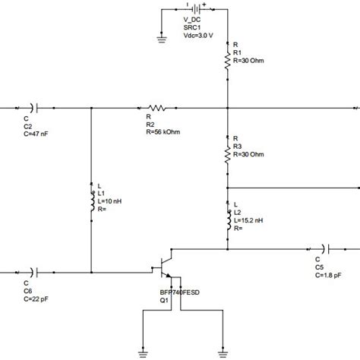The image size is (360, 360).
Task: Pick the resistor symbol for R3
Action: click(227, 154)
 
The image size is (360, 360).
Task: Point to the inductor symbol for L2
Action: click(227, 219)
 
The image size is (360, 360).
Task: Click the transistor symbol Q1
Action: click(163, 271)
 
